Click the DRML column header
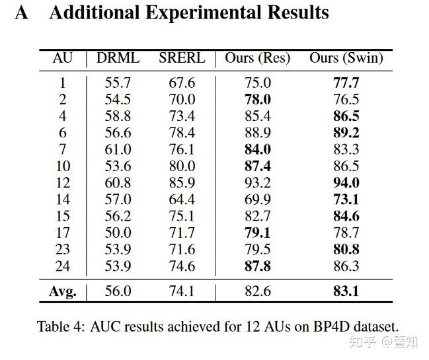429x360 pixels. [x=118, y=58]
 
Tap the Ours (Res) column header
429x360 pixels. [x=257, y=58]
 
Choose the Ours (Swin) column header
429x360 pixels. [x=346, y=58]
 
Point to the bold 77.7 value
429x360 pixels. [x=346, y=83]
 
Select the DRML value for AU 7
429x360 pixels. [x=118, y=150]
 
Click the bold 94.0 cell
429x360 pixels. [x=346, y=183]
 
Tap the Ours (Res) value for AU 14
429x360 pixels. [x=257, y=199]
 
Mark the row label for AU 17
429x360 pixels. [x=63, y=233]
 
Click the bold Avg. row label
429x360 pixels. [x=63, y=291]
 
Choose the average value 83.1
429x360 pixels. [x=346, y=291]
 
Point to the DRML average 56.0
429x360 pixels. [x=118, y=291]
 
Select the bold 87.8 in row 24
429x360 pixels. [x=257, y=266]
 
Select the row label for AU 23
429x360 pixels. [x=63, y=250]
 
